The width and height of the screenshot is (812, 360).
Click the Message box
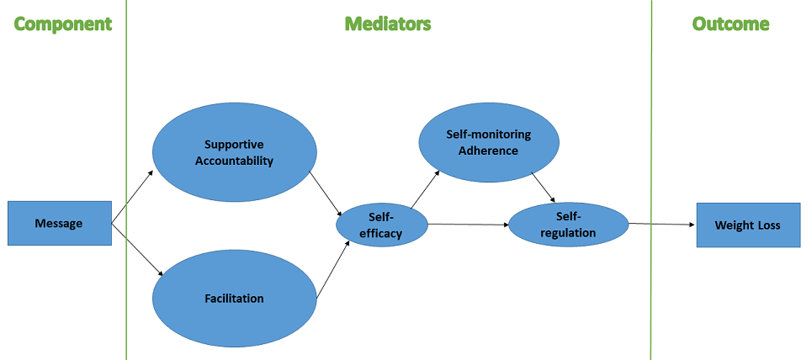[x=60, y=223]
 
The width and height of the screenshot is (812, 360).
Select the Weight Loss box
[x=748, y=225]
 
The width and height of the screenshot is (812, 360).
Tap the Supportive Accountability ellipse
[x=234, y=152]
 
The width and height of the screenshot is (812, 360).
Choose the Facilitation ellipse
[x=234, y=299]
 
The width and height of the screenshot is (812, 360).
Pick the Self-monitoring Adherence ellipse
[x=489, y=142]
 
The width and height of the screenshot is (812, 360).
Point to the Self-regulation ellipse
[x=569, y=225]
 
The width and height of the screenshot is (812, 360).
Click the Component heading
[x=62, y=24]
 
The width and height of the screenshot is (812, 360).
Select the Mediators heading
[x=388, y=24]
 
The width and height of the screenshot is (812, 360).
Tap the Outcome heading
[x=731, y=24]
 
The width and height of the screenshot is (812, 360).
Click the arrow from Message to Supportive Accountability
[x=133, y=196]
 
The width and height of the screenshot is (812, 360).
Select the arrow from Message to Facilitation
[x=138, y=250]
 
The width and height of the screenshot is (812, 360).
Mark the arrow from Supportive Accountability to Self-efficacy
[x=326, y=193]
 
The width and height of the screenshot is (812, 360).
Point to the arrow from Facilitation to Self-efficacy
[x=333, y=269]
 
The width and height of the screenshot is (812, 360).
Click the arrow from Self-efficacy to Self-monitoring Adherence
[x=425, y=189]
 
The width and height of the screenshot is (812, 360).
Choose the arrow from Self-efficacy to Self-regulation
[x=469, y=225]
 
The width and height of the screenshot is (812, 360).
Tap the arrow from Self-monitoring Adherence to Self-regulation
[x=544, y=187]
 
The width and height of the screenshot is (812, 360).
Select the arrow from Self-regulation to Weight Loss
[x=662, y=225]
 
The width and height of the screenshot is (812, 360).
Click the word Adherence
[x=488, y=151]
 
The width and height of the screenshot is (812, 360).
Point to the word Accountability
[x=234, y=161]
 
